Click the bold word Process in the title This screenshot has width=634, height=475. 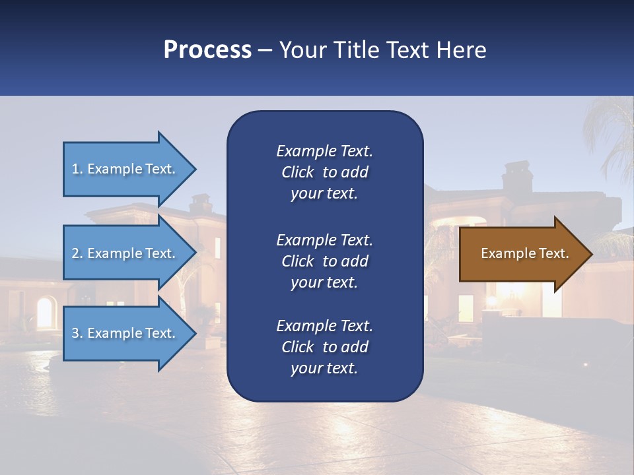point(207,50)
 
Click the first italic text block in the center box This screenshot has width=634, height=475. point(324,172)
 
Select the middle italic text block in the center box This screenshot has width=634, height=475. point(324,261)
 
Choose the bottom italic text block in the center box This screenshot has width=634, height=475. point(324,347)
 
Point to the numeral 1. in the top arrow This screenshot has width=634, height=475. point(77,169)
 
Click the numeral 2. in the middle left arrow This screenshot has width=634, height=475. point(77,253)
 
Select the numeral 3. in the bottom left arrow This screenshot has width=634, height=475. point(77,333)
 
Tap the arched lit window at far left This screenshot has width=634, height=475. point(45,313)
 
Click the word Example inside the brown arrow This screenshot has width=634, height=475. point(504,253)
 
